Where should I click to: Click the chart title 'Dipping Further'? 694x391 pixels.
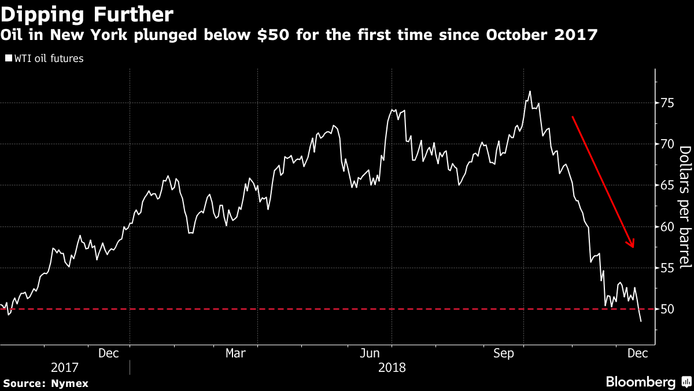87,14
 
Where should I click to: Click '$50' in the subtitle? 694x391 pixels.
273,34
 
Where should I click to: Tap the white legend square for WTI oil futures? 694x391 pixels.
9,58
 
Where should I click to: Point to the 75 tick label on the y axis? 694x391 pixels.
667,103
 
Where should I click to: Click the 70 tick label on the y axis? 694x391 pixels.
667,144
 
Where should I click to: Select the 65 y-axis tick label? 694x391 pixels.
667,185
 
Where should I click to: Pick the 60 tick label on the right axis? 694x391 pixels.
667,226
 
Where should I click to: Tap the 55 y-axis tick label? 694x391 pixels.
667,268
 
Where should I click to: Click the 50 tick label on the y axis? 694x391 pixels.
667,309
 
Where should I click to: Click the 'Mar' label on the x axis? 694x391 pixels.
235,353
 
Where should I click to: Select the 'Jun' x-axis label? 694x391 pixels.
370,353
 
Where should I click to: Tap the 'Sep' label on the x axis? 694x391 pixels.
504,354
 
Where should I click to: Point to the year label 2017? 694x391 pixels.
64,368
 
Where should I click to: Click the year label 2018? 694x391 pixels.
392,368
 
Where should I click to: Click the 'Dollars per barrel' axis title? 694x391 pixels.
685,207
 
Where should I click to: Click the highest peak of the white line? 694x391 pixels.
530,92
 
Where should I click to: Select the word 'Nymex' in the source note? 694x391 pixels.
69,383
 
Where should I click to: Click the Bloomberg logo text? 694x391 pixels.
641,382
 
